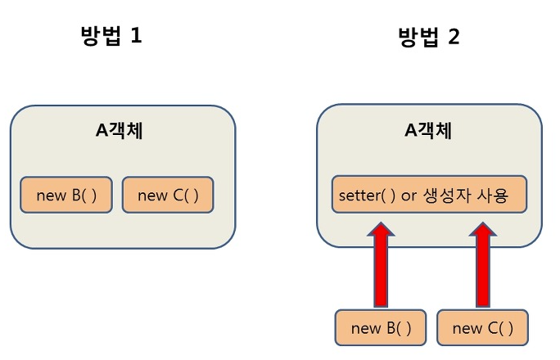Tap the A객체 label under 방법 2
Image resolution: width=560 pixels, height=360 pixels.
[428, 131]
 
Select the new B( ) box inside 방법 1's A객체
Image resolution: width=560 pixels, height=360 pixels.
[65, 195]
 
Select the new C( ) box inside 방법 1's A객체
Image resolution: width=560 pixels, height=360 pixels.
[168, 195]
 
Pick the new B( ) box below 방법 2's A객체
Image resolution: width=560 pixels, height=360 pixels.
[381, 328]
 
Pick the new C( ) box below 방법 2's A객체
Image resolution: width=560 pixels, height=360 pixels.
[483, 328]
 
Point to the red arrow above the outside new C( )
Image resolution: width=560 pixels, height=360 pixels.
[482, 266]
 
